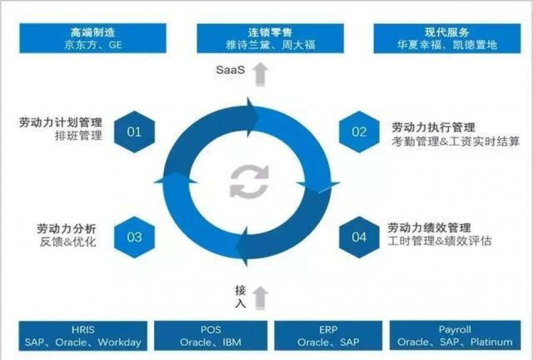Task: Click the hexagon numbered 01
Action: tap(134, 131)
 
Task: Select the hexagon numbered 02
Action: tap(359, 131)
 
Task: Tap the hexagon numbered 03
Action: tap(134, 237)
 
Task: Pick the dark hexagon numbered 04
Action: tap(359, 237)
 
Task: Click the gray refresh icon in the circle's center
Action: tap(249, 181)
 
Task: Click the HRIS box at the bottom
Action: tap(83, 336)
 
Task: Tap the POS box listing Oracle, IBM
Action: tap(210, 336)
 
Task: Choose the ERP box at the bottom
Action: tap(329, 336)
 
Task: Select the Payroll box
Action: tap(455, 336)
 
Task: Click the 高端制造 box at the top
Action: tap(92, 38)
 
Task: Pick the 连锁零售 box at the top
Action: tap(270, 38)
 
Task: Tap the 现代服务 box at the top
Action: tap(447, 38)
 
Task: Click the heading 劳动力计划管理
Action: tap(60, 123)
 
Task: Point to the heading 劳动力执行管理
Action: tap(434, 127)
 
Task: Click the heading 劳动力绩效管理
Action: tap(429, 228)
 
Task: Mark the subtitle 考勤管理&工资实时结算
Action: tap(455, 142)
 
